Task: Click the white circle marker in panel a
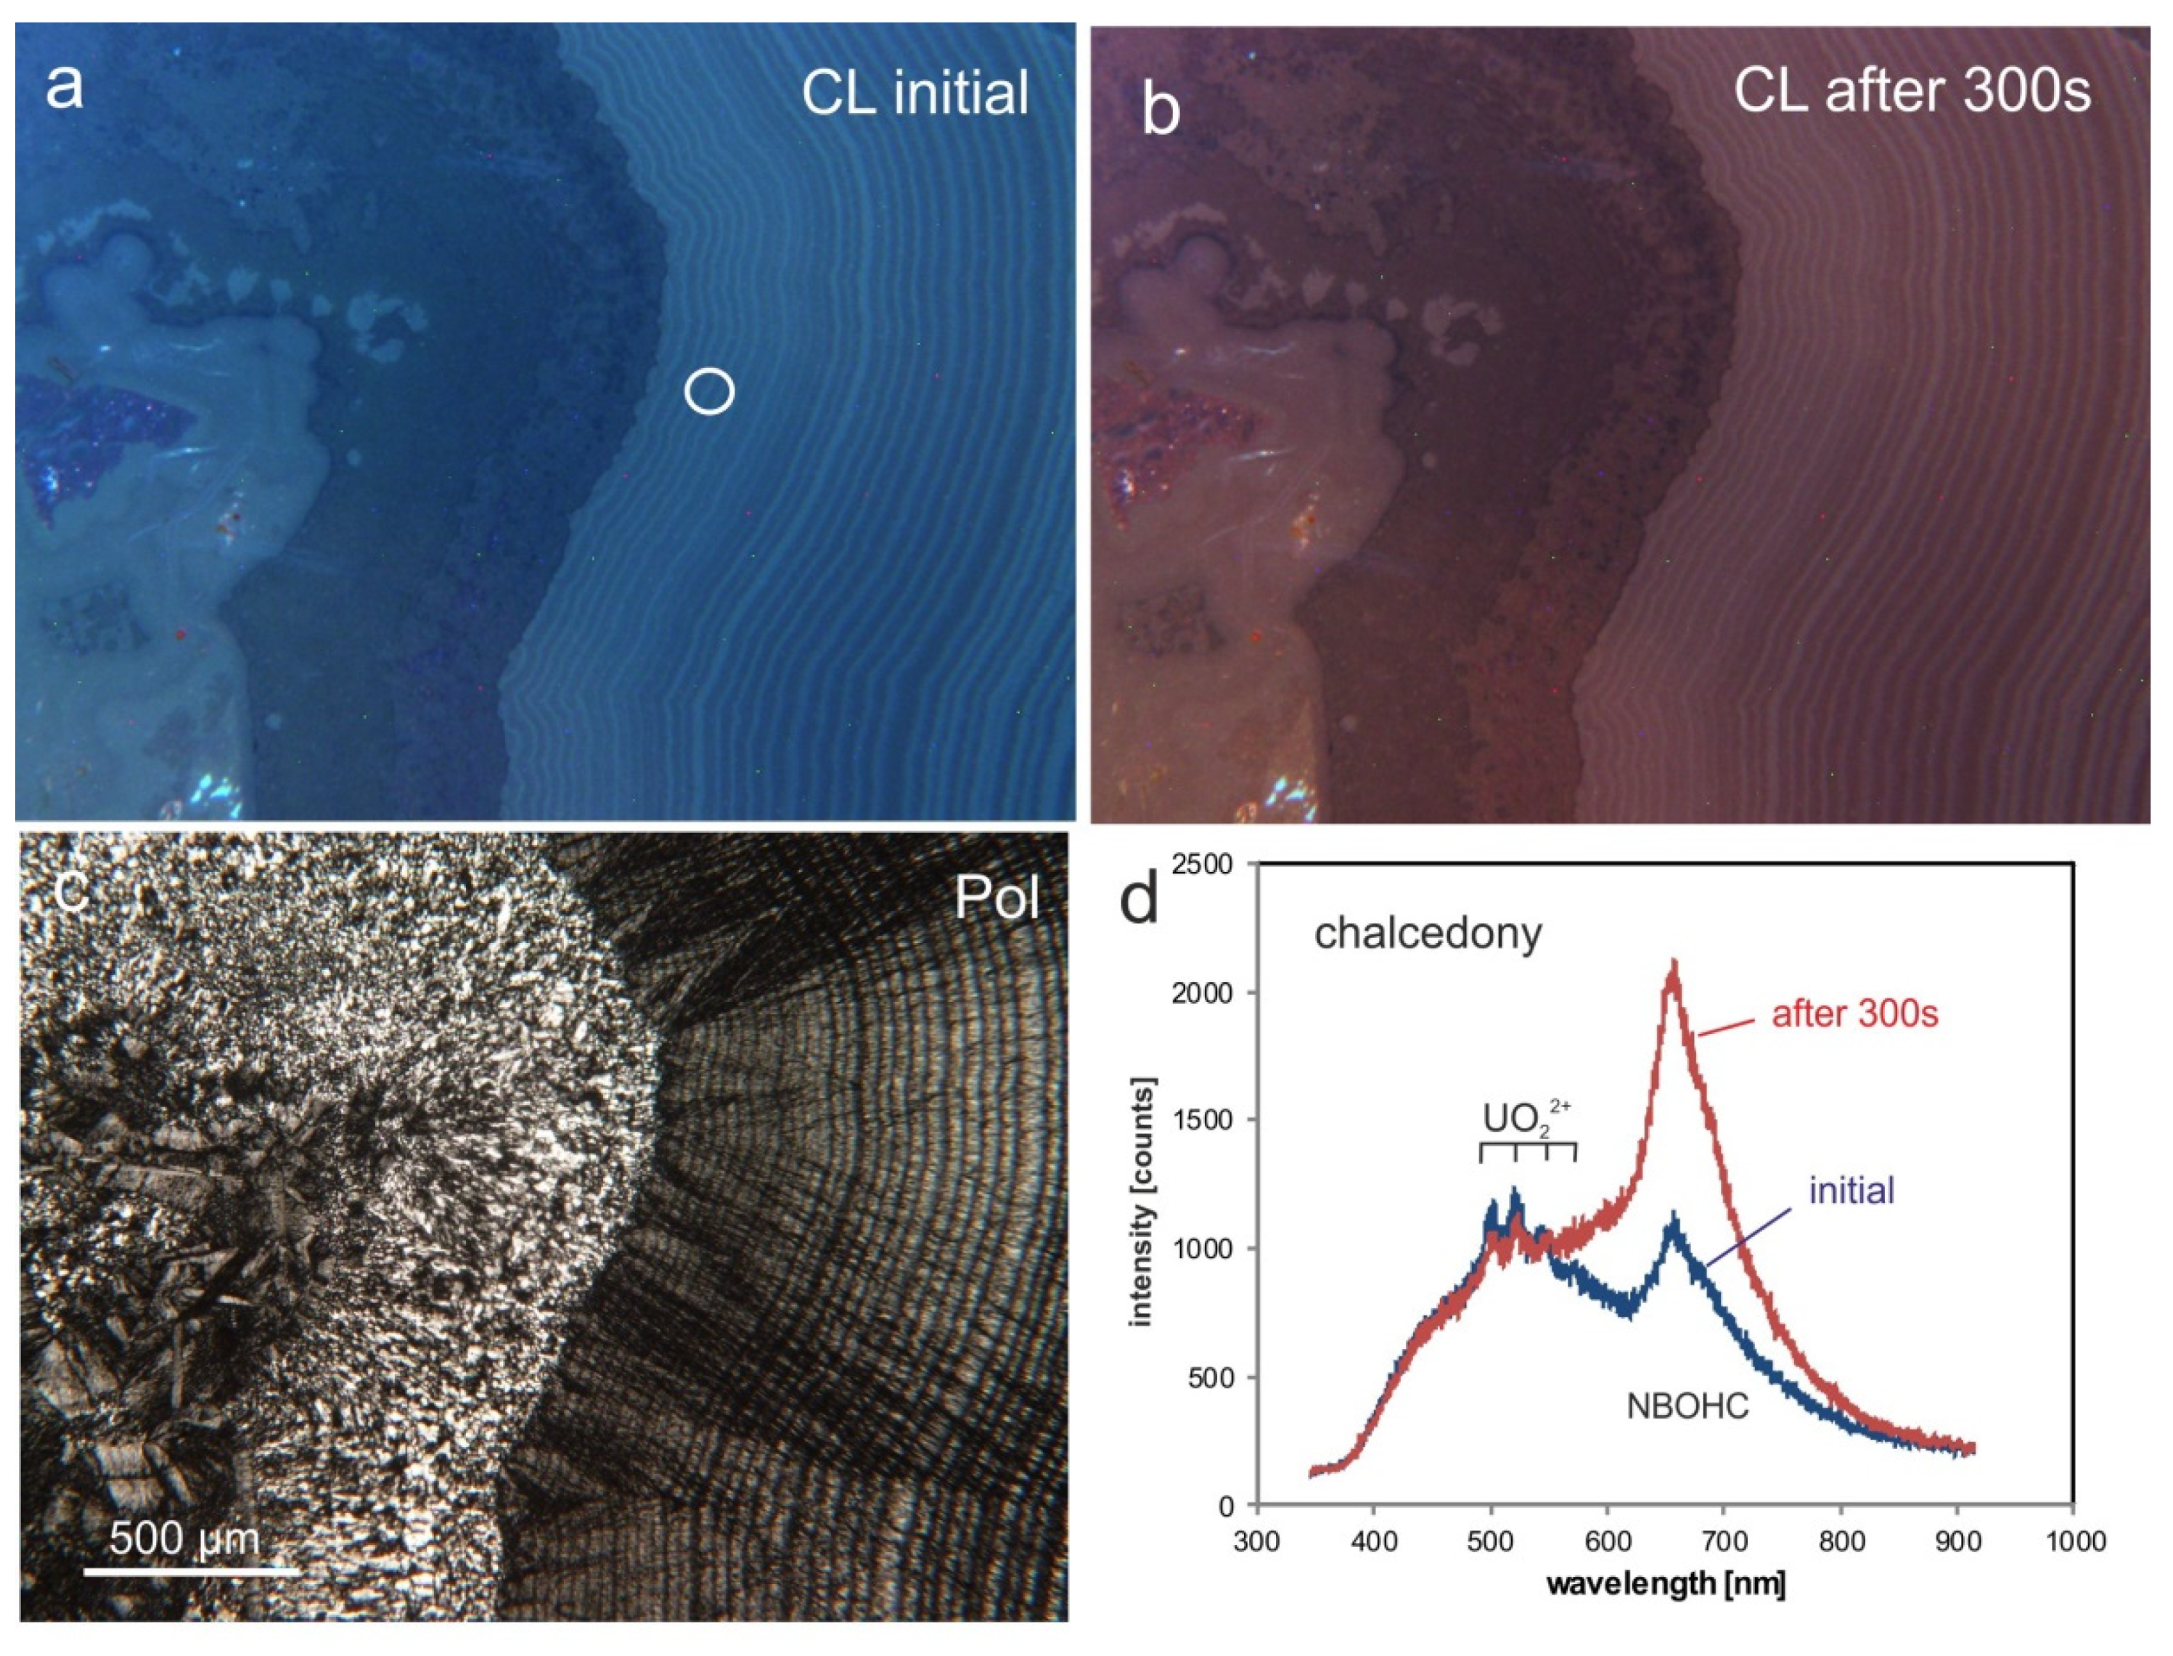click(x=710, y=391)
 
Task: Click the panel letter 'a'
click(x=65, y=86)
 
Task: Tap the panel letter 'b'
click(x=1161, y=110)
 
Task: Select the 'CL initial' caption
click(x=914, y=94)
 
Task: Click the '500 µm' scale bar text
click(x=184, y=1537)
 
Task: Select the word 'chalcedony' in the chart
click(x=1428, y=932)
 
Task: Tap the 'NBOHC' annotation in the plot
click(x=1687, y=1406)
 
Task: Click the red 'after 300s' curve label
click(x=1854, y=1014)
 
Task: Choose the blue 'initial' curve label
click(x=1851, y=1191)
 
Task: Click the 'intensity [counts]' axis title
click(x=1142, y=1202)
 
